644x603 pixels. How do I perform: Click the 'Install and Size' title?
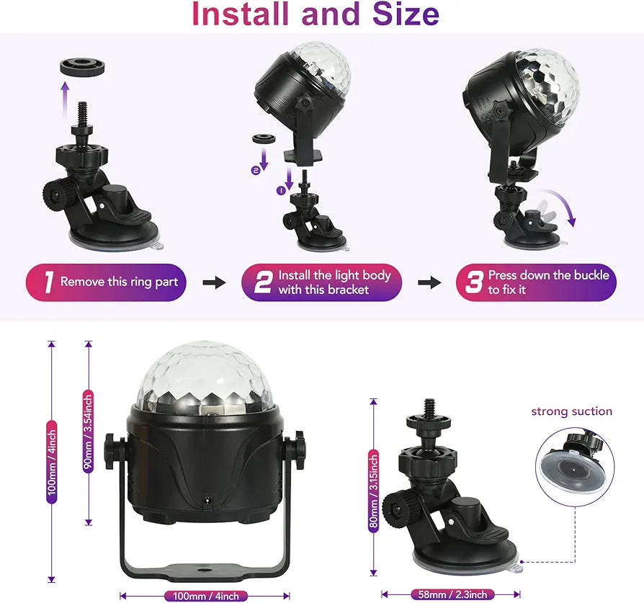[315, 14]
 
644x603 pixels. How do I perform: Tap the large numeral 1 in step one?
[48, 282]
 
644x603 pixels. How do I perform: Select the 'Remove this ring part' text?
[118, 282]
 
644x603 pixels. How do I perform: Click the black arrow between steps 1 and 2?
[214, 282]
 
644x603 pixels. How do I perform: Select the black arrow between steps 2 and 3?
[429, 282]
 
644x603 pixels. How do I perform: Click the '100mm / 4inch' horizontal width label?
[205, 596]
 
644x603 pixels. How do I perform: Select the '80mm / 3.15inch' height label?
[373, 490]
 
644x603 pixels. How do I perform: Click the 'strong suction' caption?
[571, 411]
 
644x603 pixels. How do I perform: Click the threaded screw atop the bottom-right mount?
[430, 407]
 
